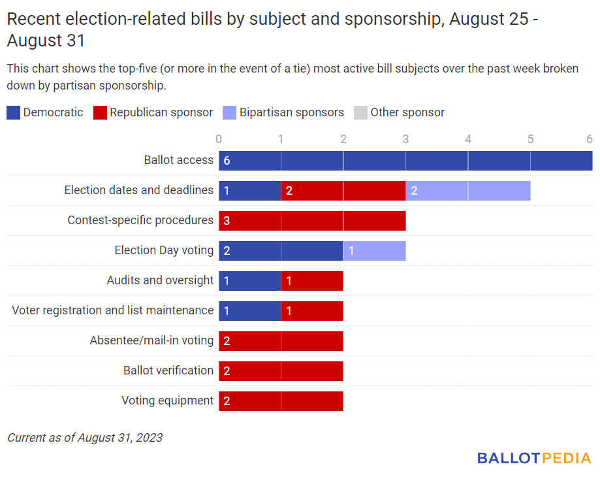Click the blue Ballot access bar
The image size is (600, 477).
[405, 161]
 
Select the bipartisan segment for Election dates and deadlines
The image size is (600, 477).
[467, 191]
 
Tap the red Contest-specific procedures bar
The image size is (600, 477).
[312, 221]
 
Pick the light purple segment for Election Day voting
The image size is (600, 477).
[374, 251]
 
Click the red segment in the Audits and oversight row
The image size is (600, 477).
[312, 281]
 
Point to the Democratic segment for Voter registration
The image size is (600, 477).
[249, 311]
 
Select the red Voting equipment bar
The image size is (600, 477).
[281, 401]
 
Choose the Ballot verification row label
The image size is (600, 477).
[168, 370]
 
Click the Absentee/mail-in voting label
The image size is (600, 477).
[151, 340]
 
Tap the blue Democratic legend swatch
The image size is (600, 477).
[14, 112]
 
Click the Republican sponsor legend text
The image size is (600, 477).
[161, 112]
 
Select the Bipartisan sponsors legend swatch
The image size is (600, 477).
[230, 112]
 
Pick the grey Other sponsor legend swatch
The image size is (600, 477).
[361, 112]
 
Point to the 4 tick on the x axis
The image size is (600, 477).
[468, 139]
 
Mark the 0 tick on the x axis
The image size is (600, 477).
[219, 139]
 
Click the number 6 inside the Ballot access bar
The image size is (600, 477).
[227, 161]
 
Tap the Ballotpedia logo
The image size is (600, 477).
[534, 458]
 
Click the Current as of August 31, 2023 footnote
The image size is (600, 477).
[85, 438]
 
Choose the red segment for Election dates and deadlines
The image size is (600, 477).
[343, 191]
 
